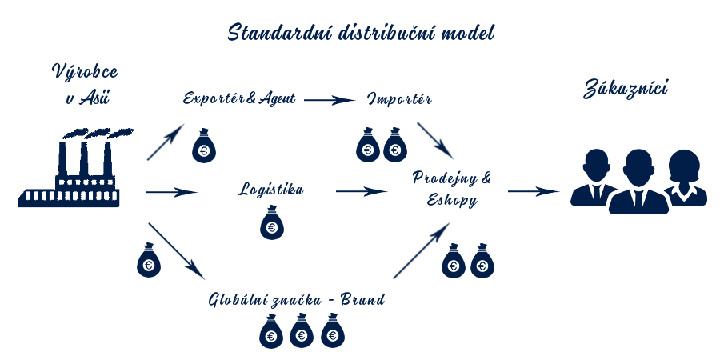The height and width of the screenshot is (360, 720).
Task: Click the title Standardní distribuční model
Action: coord(361,34)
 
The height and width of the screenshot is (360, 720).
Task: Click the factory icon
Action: coord(70,171)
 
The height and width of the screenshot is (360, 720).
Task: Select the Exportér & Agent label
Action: coord(240,99)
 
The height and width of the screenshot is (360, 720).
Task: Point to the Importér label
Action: coord(400,99)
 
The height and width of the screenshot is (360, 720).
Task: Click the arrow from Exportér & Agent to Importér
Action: coord(330,100)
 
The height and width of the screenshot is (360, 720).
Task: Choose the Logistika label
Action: coord(271,190)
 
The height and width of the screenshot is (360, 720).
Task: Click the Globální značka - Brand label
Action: coord(297,300)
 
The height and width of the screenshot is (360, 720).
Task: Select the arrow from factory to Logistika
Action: coord(172,192)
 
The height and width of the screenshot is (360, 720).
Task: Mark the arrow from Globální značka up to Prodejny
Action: coord(421,251)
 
